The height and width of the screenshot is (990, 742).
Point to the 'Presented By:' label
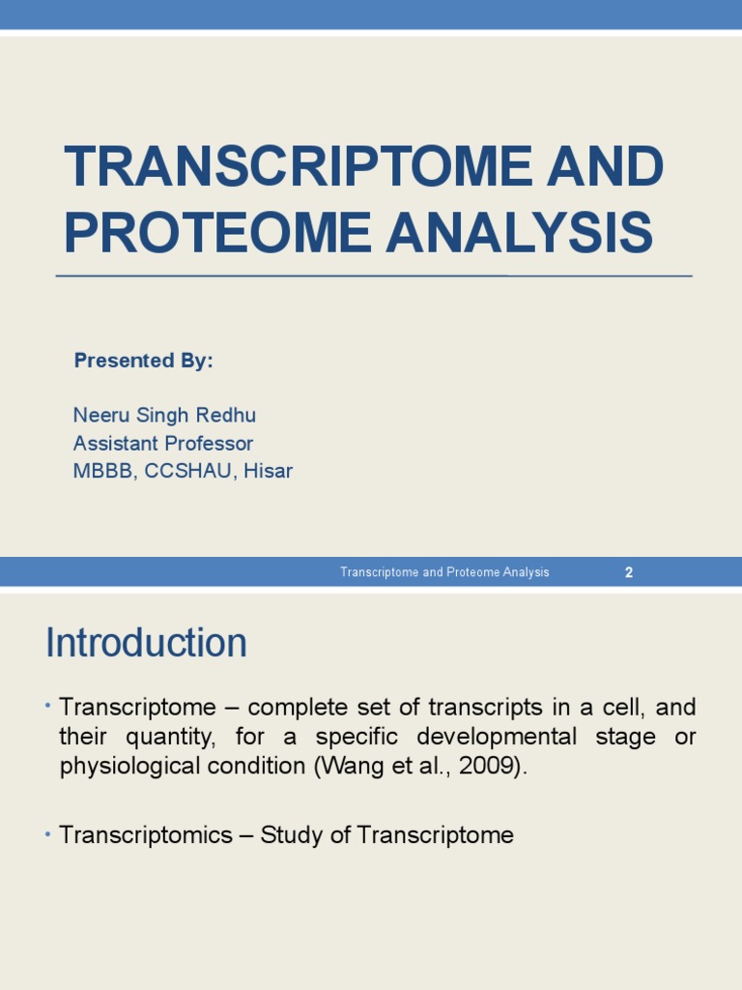143,361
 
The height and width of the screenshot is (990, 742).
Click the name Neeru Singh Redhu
164,416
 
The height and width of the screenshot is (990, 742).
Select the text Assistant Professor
163,444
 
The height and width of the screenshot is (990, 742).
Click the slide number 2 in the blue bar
629,572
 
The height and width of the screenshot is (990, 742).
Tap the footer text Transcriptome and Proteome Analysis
444,572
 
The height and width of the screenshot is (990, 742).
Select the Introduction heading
146,643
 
